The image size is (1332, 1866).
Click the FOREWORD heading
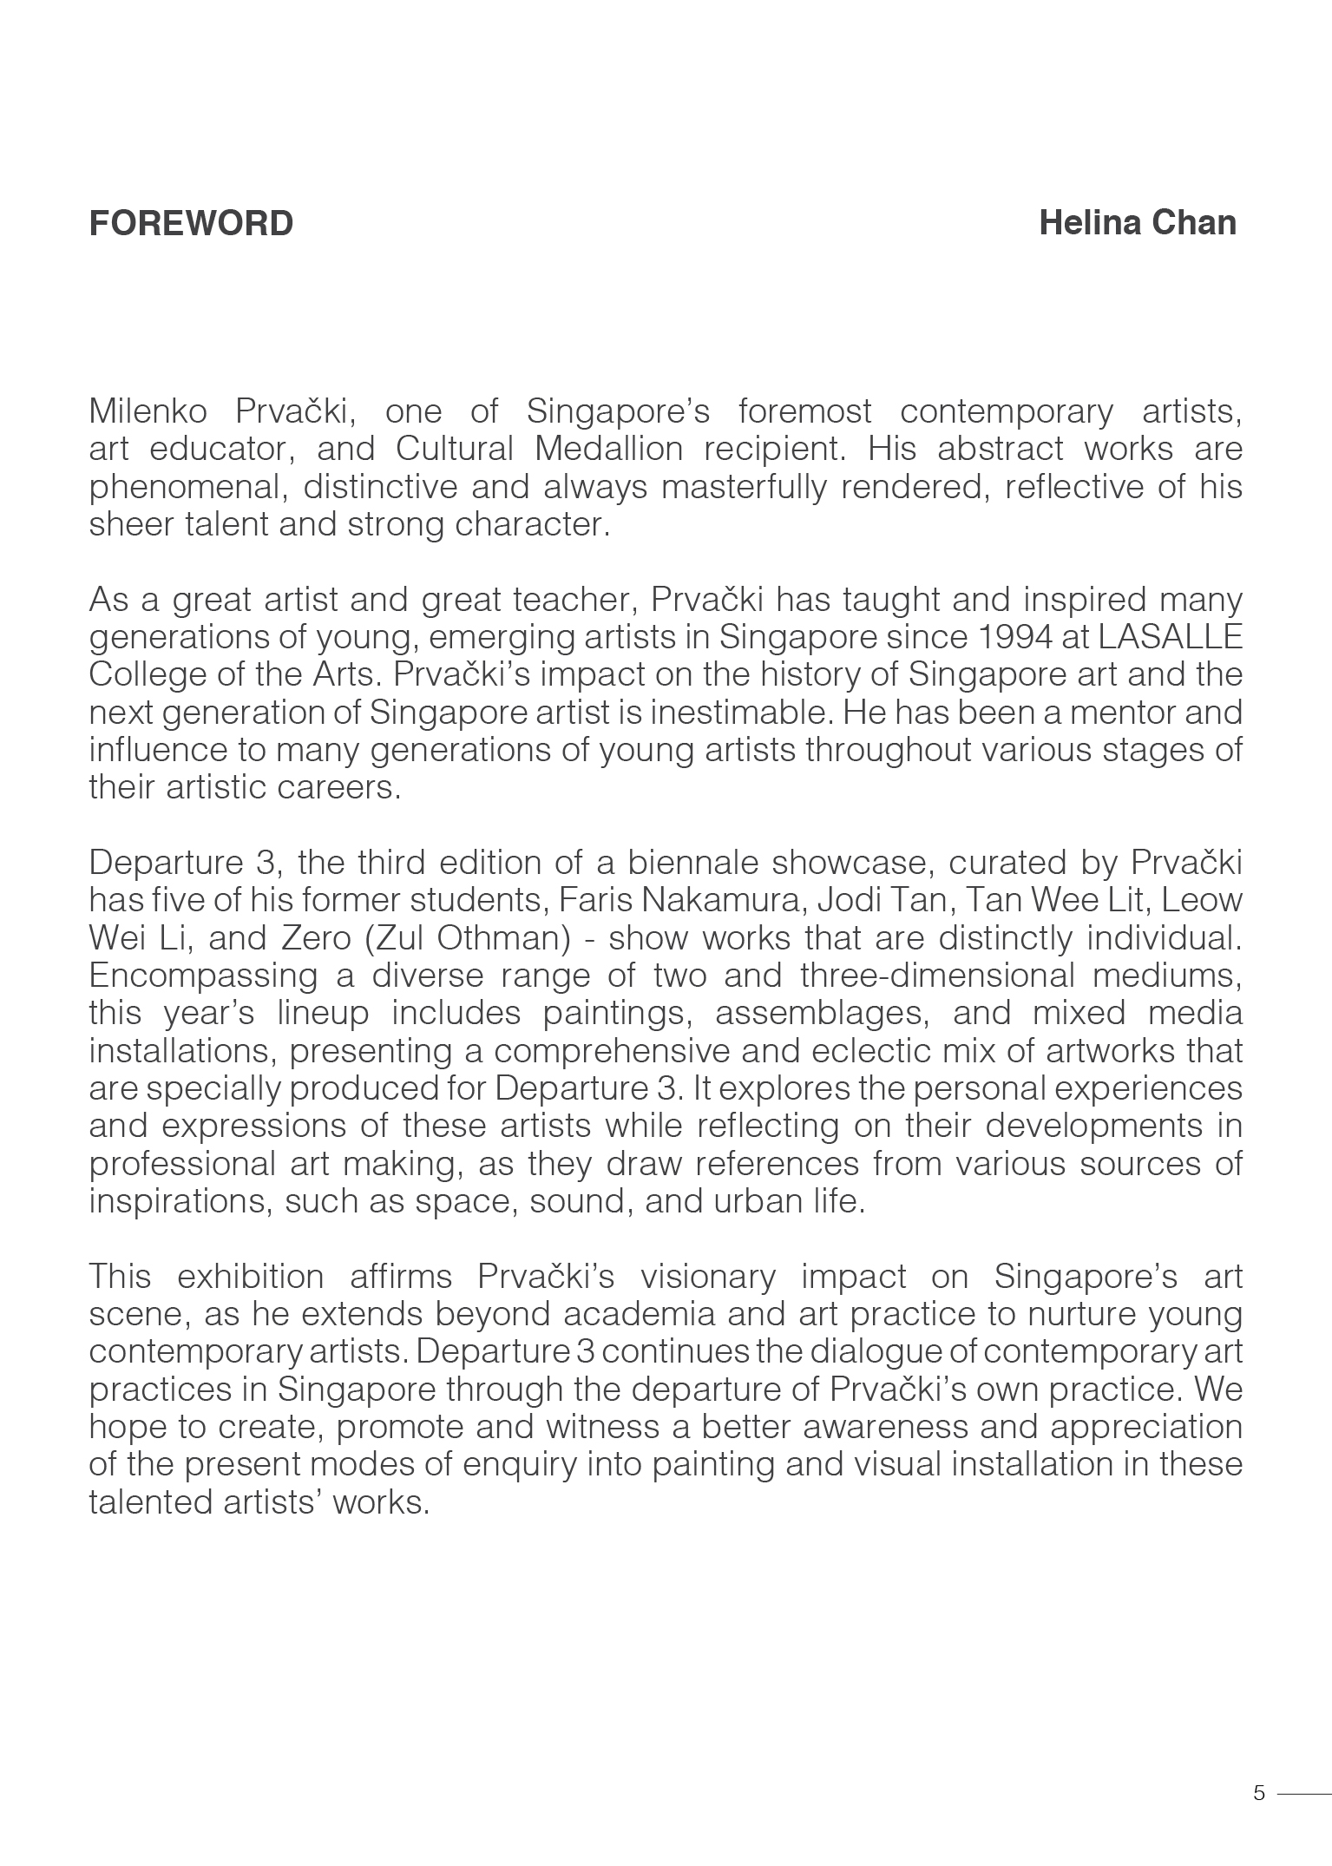coord(191,224)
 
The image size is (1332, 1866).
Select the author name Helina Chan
coord(1138,223)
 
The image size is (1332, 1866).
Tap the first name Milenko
coord(148,411)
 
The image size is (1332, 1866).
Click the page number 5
coord(1259,1793)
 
